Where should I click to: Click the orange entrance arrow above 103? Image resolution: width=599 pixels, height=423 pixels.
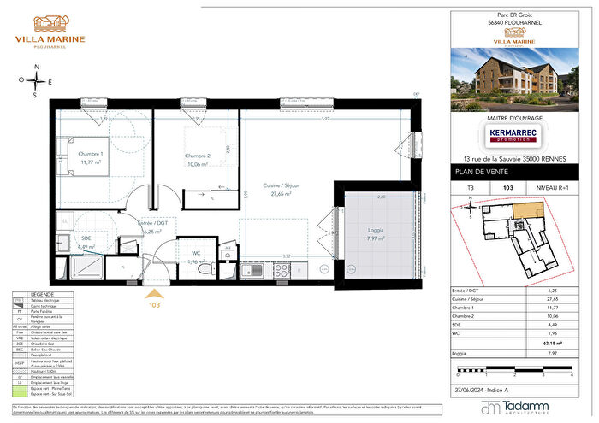tap(155, 292)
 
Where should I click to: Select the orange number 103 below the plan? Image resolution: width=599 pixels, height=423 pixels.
tap(155, 303)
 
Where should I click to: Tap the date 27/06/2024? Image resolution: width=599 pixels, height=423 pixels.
tap(471, 389)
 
